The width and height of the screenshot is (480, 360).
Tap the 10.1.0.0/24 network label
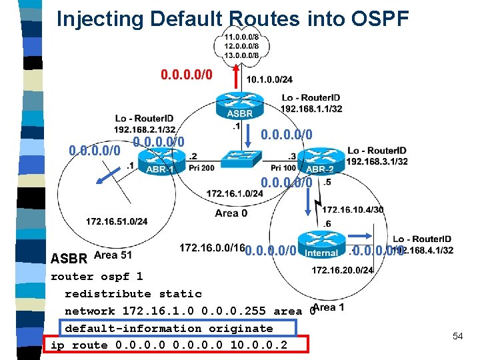tap(269, 80)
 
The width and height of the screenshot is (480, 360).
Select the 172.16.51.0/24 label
tap(117, 221)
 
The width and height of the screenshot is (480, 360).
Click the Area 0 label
tap(231, 213)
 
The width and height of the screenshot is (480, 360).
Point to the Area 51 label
tap(113, 255)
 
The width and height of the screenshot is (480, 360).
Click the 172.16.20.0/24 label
tap(343, 269)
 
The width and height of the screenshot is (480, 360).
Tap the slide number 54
tap(457, 336)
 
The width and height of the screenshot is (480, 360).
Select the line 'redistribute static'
tap(133, 293)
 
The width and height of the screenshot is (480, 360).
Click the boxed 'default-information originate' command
tap(169, 328)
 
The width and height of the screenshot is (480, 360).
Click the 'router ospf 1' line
tap(97, 276)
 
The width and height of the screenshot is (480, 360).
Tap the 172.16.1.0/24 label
tap(235, 193)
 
